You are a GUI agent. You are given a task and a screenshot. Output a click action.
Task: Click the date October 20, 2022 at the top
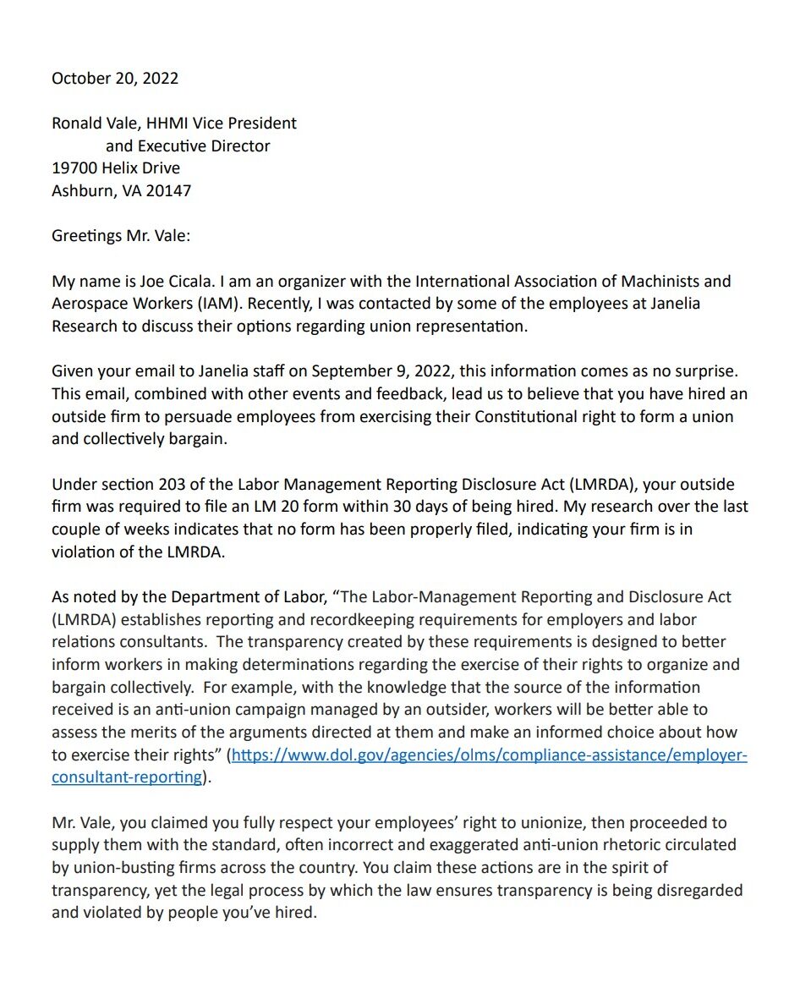tap(115, 78)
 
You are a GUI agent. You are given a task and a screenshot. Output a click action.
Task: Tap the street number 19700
tap(74, 167)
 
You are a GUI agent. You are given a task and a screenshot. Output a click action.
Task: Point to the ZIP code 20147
tap(168, 190)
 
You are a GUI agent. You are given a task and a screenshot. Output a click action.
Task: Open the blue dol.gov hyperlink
tap(489, 755)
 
